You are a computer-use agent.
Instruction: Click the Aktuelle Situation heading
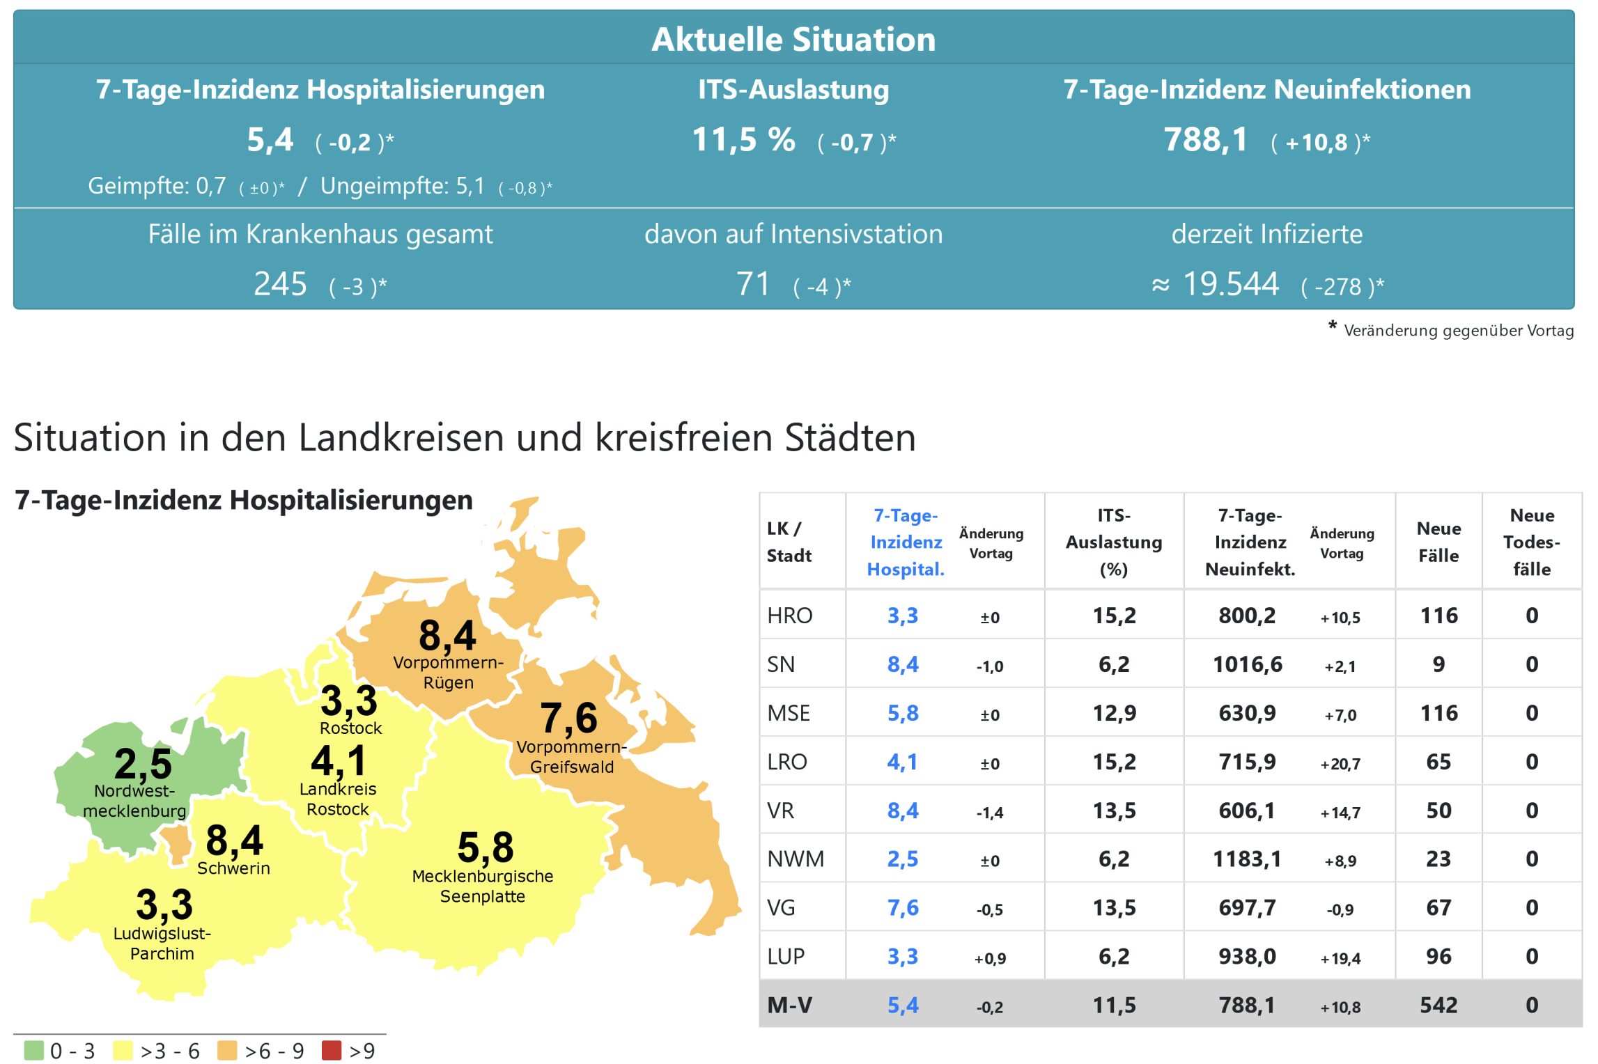click(793, 39)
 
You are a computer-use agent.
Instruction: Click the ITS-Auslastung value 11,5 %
click(743, 140)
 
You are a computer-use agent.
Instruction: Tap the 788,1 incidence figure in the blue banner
click(1206, 140)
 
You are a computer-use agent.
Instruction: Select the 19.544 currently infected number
click(1230, 284)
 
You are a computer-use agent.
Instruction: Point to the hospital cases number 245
click(280, 284)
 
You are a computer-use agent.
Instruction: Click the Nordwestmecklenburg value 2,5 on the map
click(143, 763)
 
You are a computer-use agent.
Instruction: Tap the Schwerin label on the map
click(233, 868)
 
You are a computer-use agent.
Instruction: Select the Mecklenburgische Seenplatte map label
click(482, 886)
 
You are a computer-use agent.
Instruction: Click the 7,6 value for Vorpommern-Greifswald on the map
click(568, 718)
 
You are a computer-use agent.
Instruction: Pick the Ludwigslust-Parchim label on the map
click(162, 943)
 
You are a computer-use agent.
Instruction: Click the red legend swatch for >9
click(332, 1050)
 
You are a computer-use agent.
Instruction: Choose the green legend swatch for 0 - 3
click(33, 1050)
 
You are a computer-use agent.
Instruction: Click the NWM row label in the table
click(795, 859)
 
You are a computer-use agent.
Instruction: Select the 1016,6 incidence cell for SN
click(1247, 664)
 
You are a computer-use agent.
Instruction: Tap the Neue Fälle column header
click(1438, 542)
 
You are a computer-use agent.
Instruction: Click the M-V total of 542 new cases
click(1438, 1005)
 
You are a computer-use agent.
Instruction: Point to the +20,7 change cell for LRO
click(1340, 764)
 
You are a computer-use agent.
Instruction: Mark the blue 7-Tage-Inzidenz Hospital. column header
click(906, 542)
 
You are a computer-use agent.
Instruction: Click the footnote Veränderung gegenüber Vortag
click(1458, 330)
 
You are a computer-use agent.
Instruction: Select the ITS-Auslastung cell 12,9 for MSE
click(1114, 713)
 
